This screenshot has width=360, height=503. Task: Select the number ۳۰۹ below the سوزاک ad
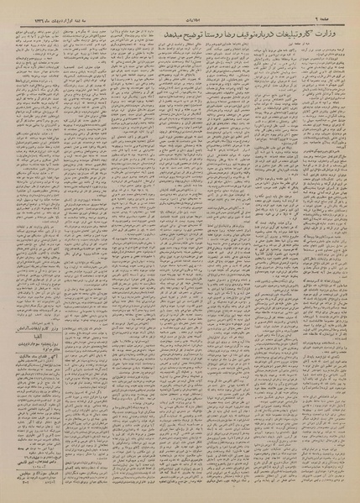click(x=25, y=494)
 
